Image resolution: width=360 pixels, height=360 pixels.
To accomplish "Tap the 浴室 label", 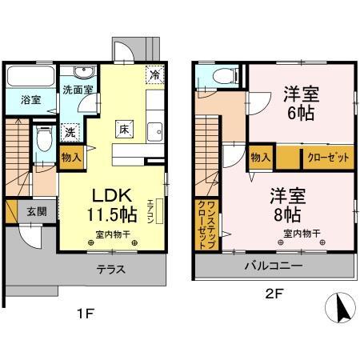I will pos(21,100).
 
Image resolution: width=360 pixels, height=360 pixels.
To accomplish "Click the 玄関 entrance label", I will pos(37,211).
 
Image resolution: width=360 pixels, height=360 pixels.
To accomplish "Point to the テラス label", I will pos(110,269).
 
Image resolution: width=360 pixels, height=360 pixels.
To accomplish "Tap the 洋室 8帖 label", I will pos(288,204).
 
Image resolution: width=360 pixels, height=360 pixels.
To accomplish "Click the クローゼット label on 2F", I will pos(329,157).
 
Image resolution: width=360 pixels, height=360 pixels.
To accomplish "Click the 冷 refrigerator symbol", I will pos(154,74).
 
